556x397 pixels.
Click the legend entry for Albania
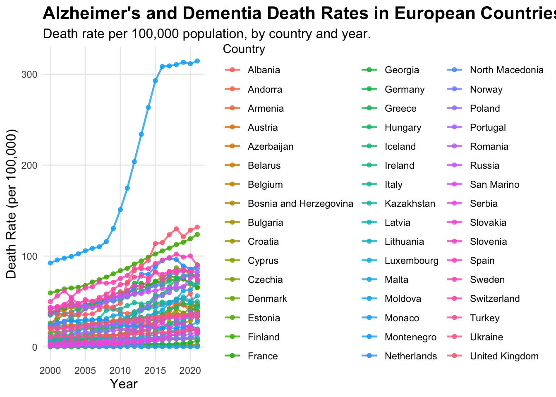[x=264, y=70]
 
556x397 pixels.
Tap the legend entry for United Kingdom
[x=504, y=356]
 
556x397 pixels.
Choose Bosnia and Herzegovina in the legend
[x=300, y=204]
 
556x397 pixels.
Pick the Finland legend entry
[x=264, y=337]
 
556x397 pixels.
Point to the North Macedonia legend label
[x=506, y=70]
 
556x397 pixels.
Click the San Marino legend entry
[x=494, y=185]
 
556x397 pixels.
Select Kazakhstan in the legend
[x=410, y=204]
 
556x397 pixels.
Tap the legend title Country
[x=244, y=49]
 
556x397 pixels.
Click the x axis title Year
[x=124, y=384]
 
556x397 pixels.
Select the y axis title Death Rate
[x=11, y=203]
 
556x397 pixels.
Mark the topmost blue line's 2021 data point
[x=197, y=61]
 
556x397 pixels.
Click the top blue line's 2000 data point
[x=50, y=263]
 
